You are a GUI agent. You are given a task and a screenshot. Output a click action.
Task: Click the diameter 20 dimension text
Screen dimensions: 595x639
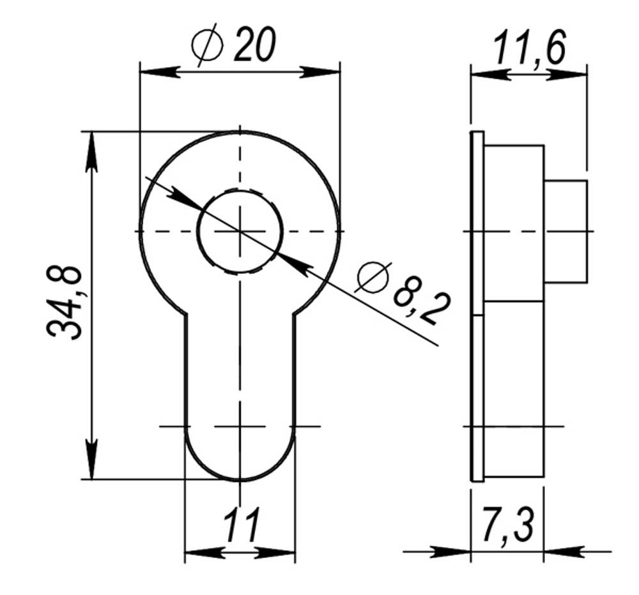click(254, 45)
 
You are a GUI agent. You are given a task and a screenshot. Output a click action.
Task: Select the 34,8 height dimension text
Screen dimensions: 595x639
click(65, 303)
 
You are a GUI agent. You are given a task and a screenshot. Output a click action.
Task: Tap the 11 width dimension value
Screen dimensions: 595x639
click(242, 526)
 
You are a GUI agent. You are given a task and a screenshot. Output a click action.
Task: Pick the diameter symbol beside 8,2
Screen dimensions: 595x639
click(373, 278)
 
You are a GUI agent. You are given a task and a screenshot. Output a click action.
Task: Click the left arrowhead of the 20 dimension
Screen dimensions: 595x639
click(153, 72)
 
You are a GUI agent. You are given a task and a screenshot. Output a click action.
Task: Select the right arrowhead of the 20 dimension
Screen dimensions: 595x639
click(326, 72)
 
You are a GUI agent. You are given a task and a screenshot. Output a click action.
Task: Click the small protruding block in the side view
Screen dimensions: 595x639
click(566, 231)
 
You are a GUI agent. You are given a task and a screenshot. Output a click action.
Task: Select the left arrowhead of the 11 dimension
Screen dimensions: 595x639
click(197, 552)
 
